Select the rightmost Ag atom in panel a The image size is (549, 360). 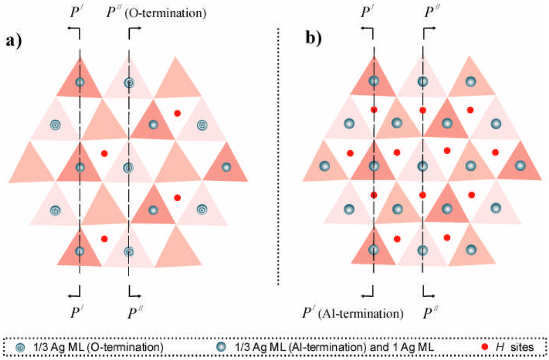[226, 167]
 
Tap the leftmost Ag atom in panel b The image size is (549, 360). [324, 166]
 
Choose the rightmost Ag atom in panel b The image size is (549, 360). [520, 166]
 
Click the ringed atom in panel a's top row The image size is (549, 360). [129, 83]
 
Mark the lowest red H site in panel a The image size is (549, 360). [104, 238]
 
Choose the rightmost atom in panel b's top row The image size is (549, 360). [471, 82]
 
